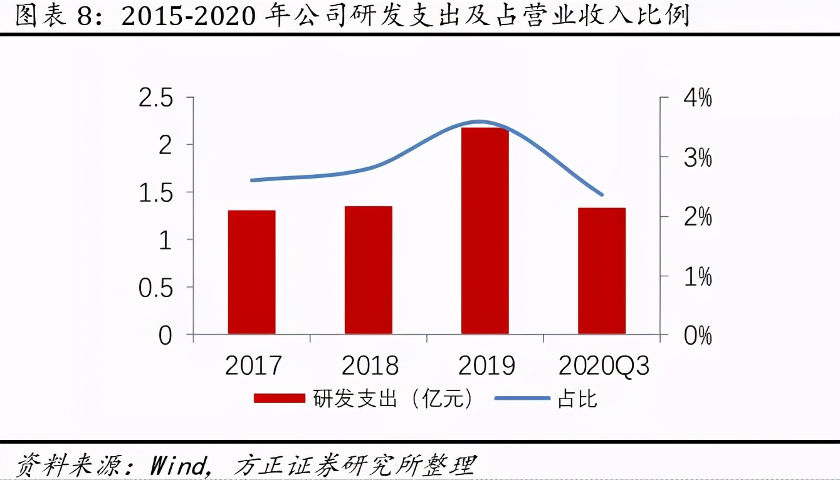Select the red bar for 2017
251,272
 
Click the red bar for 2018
368,270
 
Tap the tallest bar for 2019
485,231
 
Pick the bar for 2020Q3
601,271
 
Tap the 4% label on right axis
696,98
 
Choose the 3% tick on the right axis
696,158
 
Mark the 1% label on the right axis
696,276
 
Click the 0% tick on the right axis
696,336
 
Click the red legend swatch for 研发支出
279,399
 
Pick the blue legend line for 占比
522,399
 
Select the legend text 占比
577,399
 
